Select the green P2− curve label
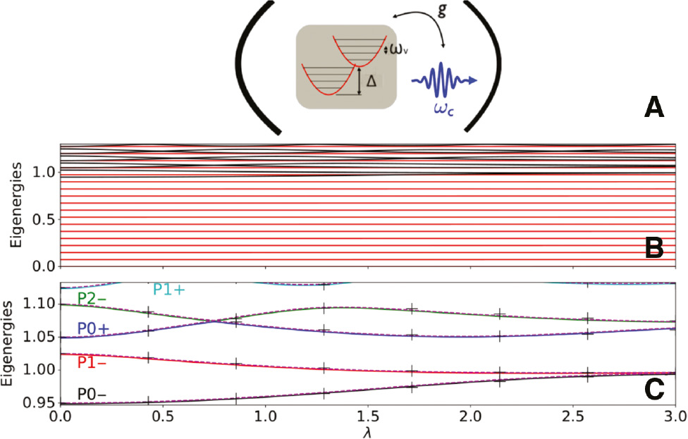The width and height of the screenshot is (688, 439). click(x=93, y=299)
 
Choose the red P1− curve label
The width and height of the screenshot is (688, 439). click(x=92, y=362)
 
